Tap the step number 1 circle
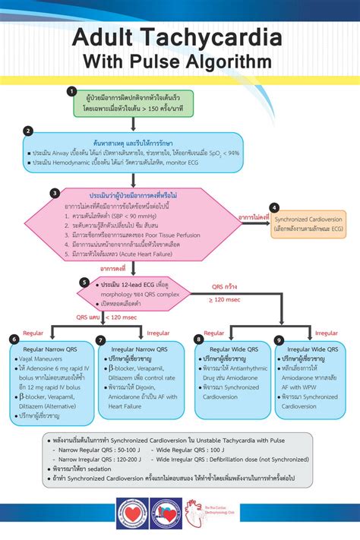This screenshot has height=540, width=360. [x=71, y=91]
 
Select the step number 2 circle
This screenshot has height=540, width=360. [x=28, y=130]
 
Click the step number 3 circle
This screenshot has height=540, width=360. [x=55, y=193]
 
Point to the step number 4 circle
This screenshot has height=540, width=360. [x=274, y=207]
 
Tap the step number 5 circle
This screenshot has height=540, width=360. [x=84, y=283]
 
